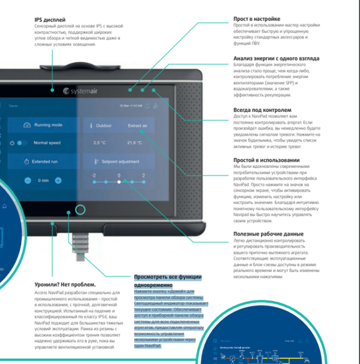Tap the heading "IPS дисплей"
click(x=50, y=20)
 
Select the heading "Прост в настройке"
click(x=256, y=19)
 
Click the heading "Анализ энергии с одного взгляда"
click(x=276, y=58)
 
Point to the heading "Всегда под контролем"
click(x=262, y=110)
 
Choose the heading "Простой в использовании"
click(x=267, y=160)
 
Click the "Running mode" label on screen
click(x=48, y=125)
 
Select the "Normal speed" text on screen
click(x=47, y=143)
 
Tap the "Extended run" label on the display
click(x=45, y=161)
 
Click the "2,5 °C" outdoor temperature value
click(x=99, y=143)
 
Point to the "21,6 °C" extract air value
click(x=135, y=143)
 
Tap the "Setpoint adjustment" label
click(x=120, y=161)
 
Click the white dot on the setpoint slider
click(x=119, y=181)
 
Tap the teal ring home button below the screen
click(x=80, y=211)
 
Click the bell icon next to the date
click(x=147, y=105)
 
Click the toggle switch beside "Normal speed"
click(x=22, y=143)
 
